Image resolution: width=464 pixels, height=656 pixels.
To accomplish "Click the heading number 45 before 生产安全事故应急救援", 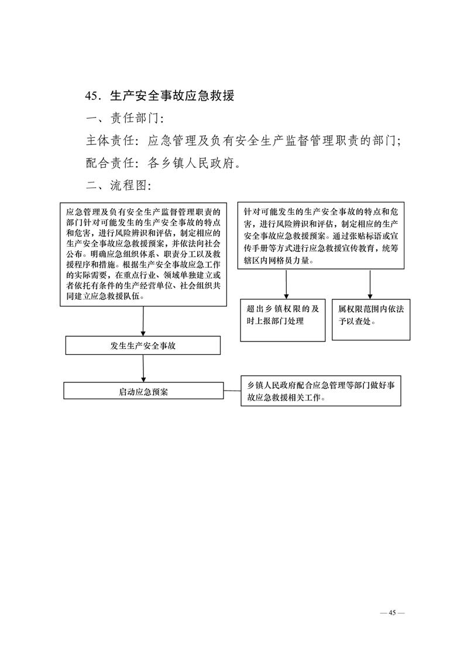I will pyautogui.click(x=92, y=96).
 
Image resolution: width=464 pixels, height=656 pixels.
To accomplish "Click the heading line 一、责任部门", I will pyautogui.click(x=121, y=119).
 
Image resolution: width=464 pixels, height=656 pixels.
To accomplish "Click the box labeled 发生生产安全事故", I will pyautogui.click(x=143, y=346).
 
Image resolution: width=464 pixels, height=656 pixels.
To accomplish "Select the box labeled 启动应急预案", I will pyautogui.click(x=143, y=391).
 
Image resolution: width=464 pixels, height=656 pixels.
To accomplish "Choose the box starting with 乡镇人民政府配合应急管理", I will pyautogui.click(x=321, y=391).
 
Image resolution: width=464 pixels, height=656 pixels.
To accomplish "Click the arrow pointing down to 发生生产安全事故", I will pyautogui.click(x=143, y=321).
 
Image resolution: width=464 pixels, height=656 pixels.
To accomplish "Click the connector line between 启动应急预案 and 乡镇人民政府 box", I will pyautogui.click(x=232, y=390).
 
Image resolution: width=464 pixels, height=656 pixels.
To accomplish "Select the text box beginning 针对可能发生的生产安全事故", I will pyautogui.click(x=321, y=235).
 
